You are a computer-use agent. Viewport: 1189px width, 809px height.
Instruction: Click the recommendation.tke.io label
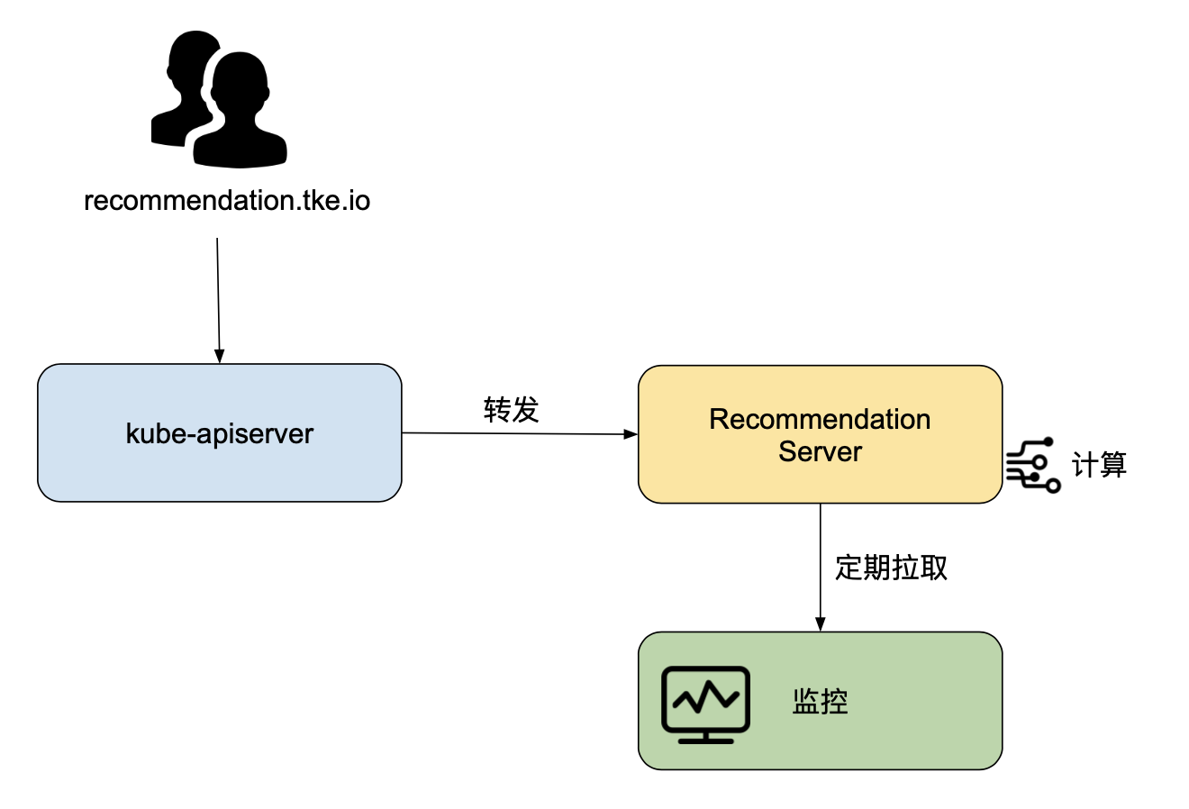tap(227, 201)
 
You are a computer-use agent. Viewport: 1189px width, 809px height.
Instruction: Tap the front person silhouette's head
tap(240, 84)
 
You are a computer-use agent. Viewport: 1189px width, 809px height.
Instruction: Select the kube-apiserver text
tap(219, 433)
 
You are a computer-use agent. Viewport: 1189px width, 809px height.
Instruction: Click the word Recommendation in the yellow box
tap(820, 419)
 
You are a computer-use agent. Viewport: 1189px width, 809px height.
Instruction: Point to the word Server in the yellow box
tap(820, 451)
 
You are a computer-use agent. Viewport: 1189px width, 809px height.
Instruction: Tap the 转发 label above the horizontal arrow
tap(511, 410)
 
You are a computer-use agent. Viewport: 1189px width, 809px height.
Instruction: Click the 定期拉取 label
tap(891, 568)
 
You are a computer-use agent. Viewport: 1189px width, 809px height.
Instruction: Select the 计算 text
tap(1099, 465)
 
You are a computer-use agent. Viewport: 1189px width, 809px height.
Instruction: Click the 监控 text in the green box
tap(820, 701)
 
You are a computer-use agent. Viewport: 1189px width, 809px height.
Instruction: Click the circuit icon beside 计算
tap(1033, 465)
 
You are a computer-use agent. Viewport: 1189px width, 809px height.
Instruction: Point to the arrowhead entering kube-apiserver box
tap(219, 356)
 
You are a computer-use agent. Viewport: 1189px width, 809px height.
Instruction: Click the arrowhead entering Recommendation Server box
tap(630, 434)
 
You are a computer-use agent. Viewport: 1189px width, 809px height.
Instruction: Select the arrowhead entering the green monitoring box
tap(820, 623)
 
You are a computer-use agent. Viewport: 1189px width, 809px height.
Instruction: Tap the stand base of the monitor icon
tap(705, 741)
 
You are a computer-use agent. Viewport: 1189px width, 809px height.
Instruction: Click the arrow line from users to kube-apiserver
tap(218, 301)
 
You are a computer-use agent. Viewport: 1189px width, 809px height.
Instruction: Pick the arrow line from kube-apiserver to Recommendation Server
tap(520, 433)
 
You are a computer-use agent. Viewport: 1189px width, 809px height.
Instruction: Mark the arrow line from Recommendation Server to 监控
tap(820, 568)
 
